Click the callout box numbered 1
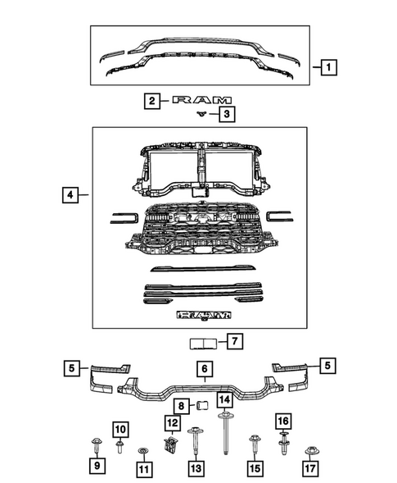tap(327, 66)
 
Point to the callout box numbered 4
tap(72, 196)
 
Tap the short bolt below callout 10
tap(120, 447)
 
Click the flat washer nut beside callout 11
tap(145, 451)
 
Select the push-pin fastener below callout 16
tap(284, 449)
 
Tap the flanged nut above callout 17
tap(310, 451)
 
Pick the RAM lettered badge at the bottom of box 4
tap(200, 314)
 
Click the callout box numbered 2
tap(151, 101)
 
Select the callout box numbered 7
tap(233, 340)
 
